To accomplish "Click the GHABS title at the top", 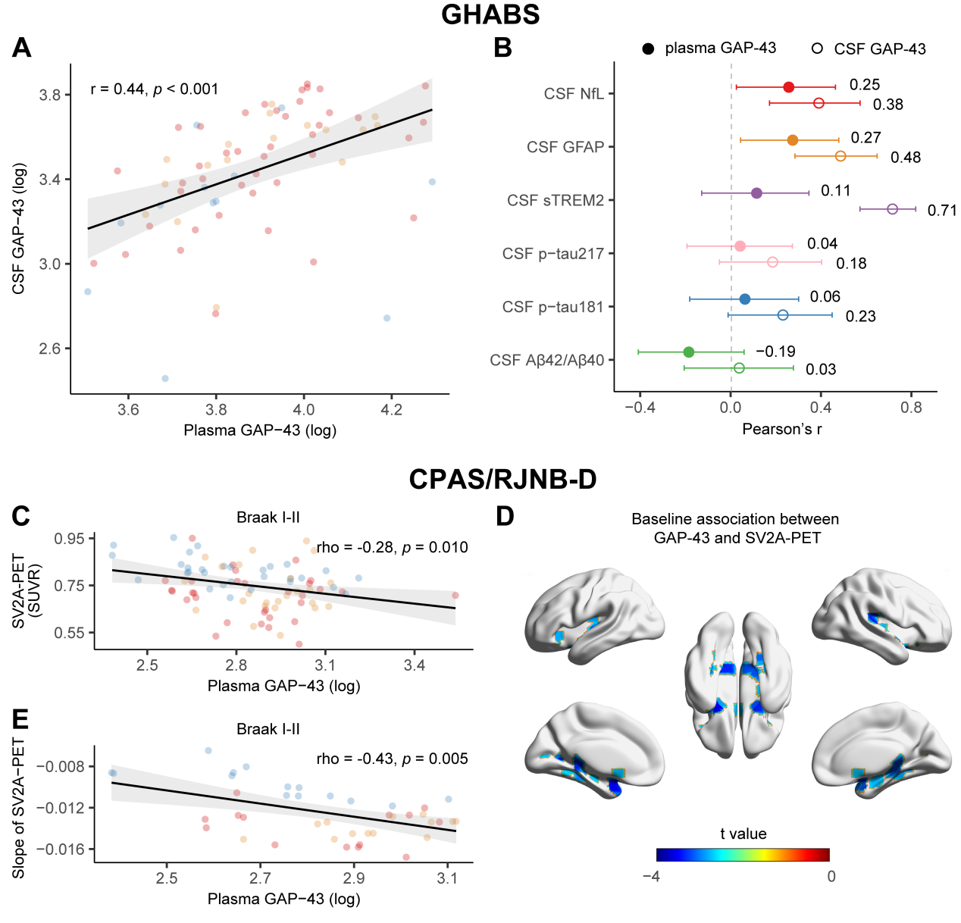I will click(x=490, y=14).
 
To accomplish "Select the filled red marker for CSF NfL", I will click(x=788, y=87).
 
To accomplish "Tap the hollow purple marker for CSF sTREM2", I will click(x=892, y=209).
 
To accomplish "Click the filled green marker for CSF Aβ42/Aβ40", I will click(x=688, y=352).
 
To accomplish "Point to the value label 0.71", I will click(x=942, y=211).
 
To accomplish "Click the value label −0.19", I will click(x=775, y=352).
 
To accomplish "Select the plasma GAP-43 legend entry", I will click(x=709, y=48).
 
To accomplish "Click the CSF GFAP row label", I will click(x=565, y=147).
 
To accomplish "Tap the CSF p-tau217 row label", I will click(x=553, y=253).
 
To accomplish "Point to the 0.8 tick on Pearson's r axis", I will click(x=911, y=408).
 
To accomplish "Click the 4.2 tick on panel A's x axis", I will click(x=391, y=410).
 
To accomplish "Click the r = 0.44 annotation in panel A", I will click(x=155, y=89).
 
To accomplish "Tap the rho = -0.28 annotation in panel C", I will click(x=392, y=547).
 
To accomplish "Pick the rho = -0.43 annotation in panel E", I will click(x=392, y=759).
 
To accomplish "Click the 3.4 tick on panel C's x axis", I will click(x=414, y=665).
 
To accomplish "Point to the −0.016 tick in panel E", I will click(x=60, y=849).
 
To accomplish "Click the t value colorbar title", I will click(x=743, y=834).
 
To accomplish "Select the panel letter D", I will click(x=505, y=517).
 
